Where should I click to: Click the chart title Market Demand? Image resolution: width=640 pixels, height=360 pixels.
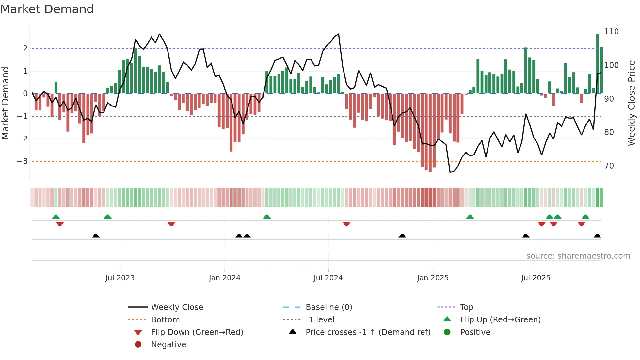47,9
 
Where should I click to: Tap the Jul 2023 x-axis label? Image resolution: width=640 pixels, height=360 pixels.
120,278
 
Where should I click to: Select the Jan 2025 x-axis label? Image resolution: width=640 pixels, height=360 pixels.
433,278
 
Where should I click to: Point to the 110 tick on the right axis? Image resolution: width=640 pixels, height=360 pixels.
611,32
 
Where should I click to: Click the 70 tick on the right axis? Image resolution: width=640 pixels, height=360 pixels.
609,166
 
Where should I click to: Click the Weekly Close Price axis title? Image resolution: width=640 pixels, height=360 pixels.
632,103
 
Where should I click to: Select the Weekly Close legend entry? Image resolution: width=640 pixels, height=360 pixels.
177,307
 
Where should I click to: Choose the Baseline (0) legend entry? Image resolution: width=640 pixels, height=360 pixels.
328,307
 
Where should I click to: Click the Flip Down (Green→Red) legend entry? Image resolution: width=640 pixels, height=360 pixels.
197,332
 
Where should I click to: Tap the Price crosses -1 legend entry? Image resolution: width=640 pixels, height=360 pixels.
368,332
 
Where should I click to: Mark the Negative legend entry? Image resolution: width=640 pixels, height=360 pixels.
168,345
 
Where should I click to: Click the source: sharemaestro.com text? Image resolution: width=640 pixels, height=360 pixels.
578,256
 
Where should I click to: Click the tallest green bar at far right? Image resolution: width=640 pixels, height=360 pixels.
597,64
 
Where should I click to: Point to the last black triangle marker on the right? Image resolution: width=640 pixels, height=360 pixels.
597,236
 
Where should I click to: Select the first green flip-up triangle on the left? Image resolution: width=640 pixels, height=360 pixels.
56,217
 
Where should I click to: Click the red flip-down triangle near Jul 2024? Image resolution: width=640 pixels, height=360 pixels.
346,224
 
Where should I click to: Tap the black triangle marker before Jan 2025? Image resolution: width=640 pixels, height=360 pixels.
402,236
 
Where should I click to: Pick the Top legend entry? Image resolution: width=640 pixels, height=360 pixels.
466,307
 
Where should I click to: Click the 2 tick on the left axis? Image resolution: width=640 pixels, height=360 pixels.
25,49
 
